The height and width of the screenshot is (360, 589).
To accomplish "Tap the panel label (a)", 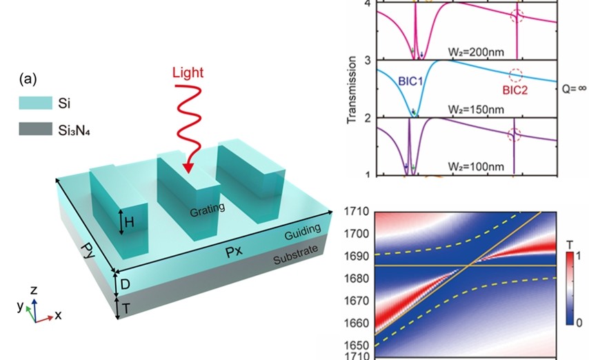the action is click(29, 79).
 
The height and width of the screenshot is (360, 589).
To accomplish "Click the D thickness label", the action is click(126, 284).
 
